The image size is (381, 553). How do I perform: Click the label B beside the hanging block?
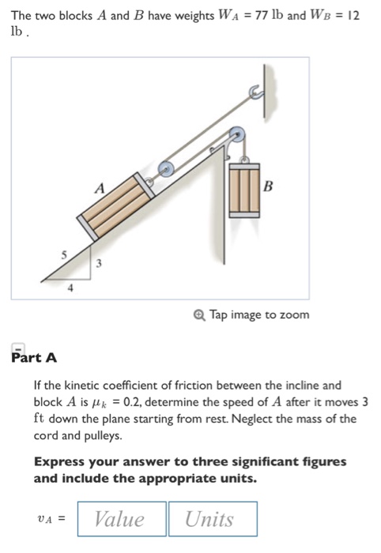click(269, 187)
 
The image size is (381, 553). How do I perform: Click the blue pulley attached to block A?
click(167, 168)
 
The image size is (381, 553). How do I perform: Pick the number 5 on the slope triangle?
click(55, 255)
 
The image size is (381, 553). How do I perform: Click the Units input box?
click(211, 519)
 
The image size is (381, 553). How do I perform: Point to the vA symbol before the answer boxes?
click(51, 519)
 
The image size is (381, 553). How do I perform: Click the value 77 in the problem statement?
click(234, 16)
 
